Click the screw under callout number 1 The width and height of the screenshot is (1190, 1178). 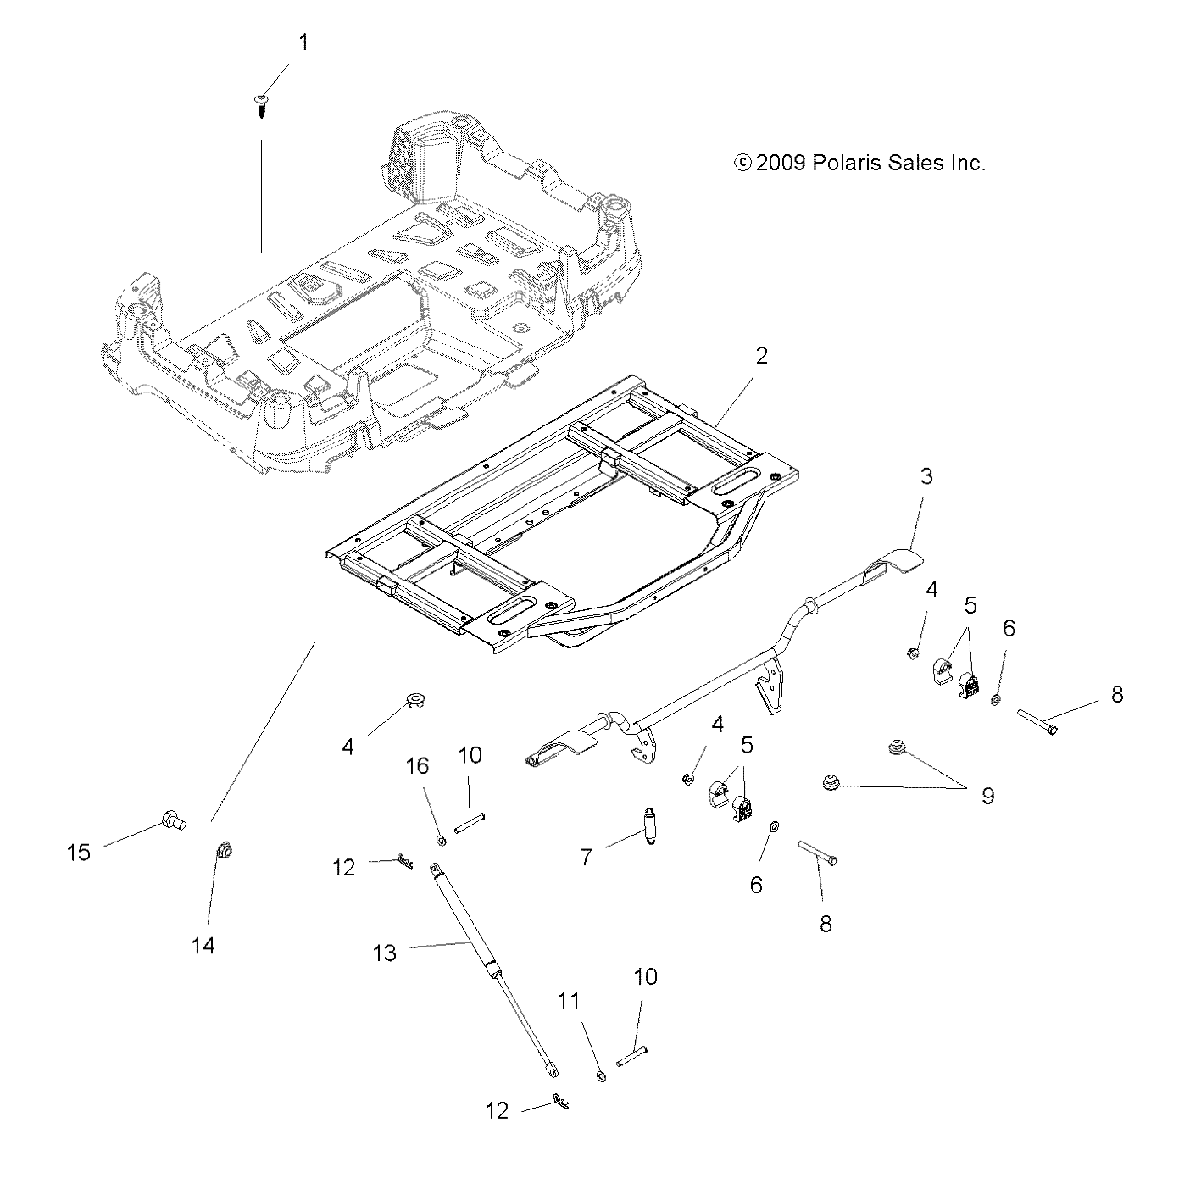tap(261, 106)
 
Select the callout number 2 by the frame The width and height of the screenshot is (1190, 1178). tap(760, 356)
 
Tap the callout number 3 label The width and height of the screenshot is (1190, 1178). tap(926, 476)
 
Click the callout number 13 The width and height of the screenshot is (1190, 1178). tap(384, 953)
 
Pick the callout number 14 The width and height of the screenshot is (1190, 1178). tap(203, 945)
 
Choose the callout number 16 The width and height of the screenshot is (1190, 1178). tap(417, 765)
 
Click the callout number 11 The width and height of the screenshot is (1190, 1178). tap(568, 1001)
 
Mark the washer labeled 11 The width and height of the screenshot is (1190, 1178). tap(601, 1077)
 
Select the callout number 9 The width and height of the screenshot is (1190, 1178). tap(987, 796)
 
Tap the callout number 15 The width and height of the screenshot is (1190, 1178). tap(78, 852)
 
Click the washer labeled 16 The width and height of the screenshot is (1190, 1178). tap(442, 840)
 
